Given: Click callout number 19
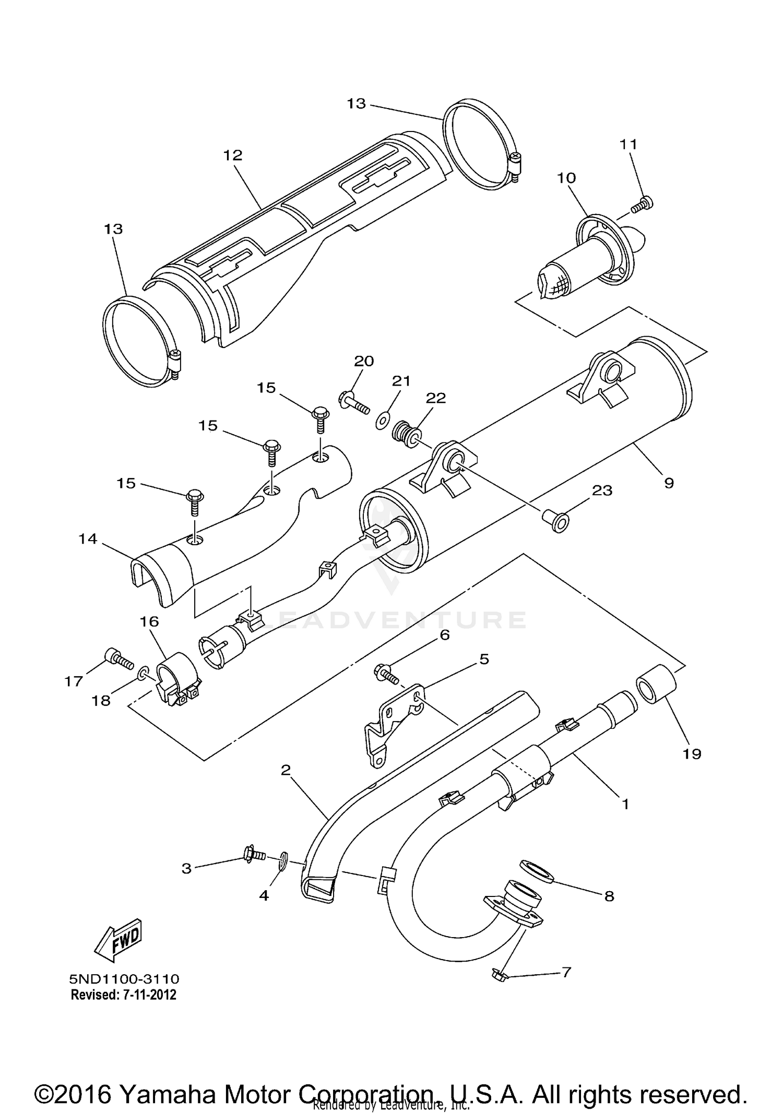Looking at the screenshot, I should (692, 753).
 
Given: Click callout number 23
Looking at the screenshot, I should (602, 490).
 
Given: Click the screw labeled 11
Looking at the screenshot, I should (642, 205).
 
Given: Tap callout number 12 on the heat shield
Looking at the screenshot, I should (233, 155).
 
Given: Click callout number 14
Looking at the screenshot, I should (88, 539).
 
